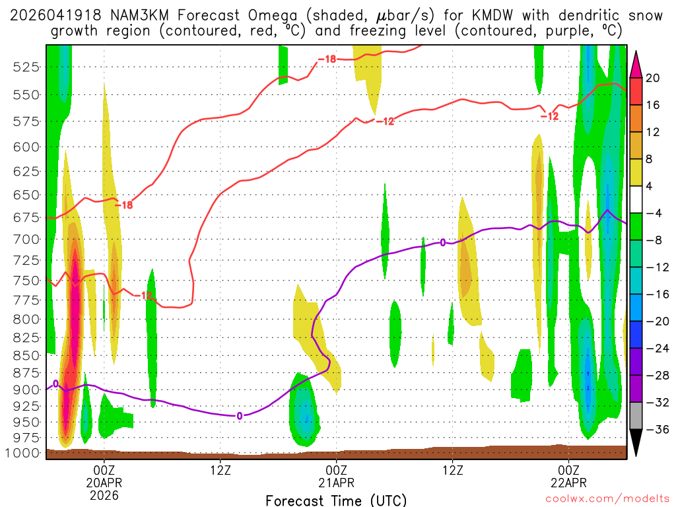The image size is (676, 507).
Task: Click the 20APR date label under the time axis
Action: coord(104,483)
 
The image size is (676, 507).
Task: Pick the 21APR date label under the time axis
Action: coord(337,483)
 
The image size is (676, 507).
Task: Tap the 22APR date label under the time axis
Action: coord(569,483)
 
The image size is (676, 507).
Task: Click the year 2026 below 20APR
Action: coord(104,495)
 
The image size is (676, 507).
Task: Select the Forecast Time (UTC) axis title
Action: coord(336,500)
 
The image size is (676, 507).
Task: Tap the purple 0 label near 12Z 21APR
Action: coord(443,243)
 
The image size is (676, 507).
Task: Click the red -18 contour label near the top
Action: coord(327,59)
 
